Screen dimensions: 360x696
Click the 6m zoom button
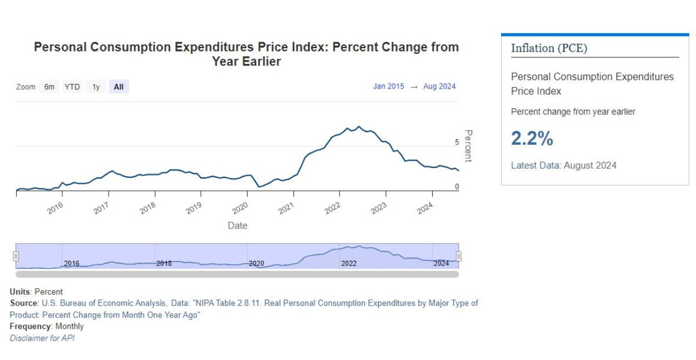[x=50, y=87]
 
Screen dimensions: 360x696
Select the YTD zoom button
[x=72, y=87]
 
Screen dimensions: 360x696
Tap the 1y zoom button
[x=96, y=87]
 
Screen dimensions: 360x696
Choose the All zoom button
[x=118, y=87]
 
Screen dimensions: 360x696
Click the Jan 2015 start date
[x=389, y=86]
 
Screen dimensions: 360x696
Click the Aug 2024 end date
[x=440, y=86]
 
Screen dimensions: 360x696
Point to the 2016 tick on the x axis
[x=56, y=209]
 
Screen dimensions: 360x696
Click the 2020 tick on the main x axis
[x=240, y=209]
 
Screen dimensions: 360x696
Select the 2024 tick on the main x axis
[x=425, y=209]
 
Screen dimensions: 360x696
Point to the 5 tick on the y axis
[x=457, y=142]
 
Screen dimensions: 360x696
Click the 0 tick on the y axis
[x=457, y=187]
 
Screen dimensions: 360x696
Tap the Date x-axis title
[x=237, y=226]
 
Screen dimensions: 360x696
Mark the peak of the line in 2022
[x=359, y=126]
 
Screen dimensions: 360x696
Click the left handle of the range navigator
[x=16, y=256]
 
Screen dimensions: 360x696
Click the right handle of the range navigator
[x=459, y=256]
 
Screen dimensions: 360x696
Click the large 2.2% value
[x=532, y=139]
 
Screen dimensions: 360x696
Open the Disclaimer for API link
[x=42, y=338]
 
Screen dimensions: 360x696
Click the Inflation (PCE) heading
[x=549, y=48]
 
